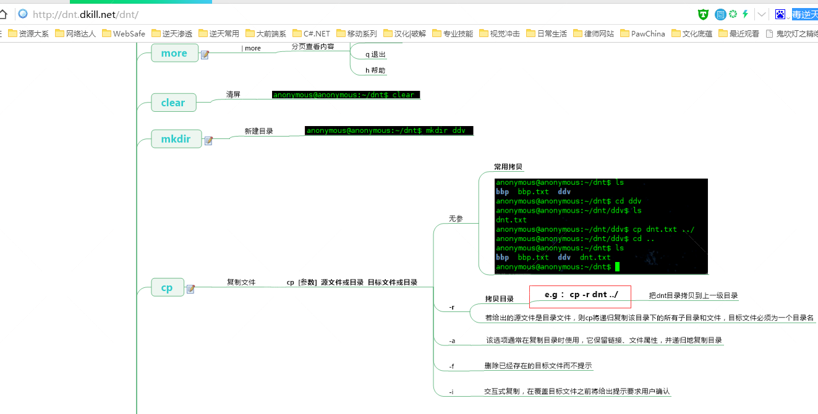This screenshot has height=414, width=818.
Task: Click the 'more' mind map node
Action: coord(174,53)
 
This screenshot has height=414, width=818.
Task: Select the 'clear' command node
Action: coord(173,103)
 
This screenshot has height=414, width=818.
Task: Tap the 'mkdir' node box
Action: coord(176,139)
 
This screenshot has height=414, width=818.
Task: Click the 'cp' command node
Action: coord(167,287)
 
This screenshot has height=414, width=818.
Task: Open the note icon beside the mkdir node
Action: coord(209,141)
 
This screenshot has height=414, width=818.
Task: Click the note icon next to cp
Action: coord(190,289)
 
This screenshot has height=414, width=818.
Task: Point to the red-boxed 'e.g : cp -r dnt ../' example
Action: coord(581,296)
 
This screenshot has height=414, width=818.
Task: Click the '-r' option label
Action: coord(452,307)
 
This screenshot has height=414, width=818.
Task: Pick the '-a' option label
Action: coord(452,340)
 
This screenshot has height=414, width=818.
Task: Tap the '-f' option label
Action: coord(452,366)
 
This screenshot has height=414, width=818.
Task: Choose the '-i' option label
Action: coord(452,392)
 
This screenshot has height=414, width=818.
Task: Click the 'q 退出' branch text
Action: coord(375,54)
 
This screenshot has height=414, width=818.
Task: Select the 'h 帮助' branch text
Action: coord(375,70)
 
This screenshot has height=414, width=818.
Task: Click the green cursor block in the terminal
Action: coord(616,267)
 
